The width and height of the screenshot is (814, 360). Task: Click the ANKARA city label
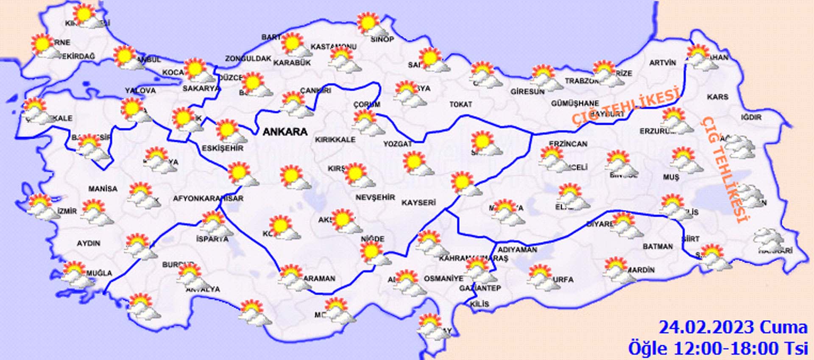(285, 132)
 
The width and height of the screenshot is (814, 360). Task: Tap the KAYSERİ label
(418, 203)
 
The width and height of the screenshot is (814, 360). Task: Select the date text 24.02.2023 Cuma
(733, 328)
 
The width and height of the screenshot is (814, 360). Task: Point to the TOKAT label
(460, 104)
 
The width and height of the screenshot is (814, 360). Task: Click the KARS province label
(717, 97)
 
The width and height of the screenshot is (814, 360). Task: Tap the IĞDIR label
(751, 117)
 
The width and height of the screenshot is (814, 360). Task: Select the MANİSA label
(103, 189)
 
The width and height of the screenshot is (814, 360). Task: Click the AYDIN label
(88, 243)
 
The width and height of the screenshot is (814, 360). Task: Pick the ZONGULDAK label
(248, 59)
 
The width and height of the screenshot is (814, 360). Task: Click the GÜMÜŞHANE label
(575, 103)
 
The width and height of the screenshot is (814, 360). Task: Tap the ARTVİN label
(662, 63)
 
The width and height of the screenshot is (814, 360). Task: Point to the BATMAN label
(658, 246)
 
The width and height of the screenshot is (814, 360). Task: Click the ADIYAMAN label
(517, 250)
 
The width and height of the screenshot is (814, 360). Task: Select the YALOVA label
(140, 91)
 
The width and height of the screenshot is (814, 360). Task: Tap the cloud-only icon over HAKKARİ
(768, 240)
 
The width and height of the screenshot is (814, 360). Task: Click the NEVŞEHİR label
(375, 198)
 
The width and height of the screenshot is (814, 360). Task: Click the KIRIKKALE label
(335, 140)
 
